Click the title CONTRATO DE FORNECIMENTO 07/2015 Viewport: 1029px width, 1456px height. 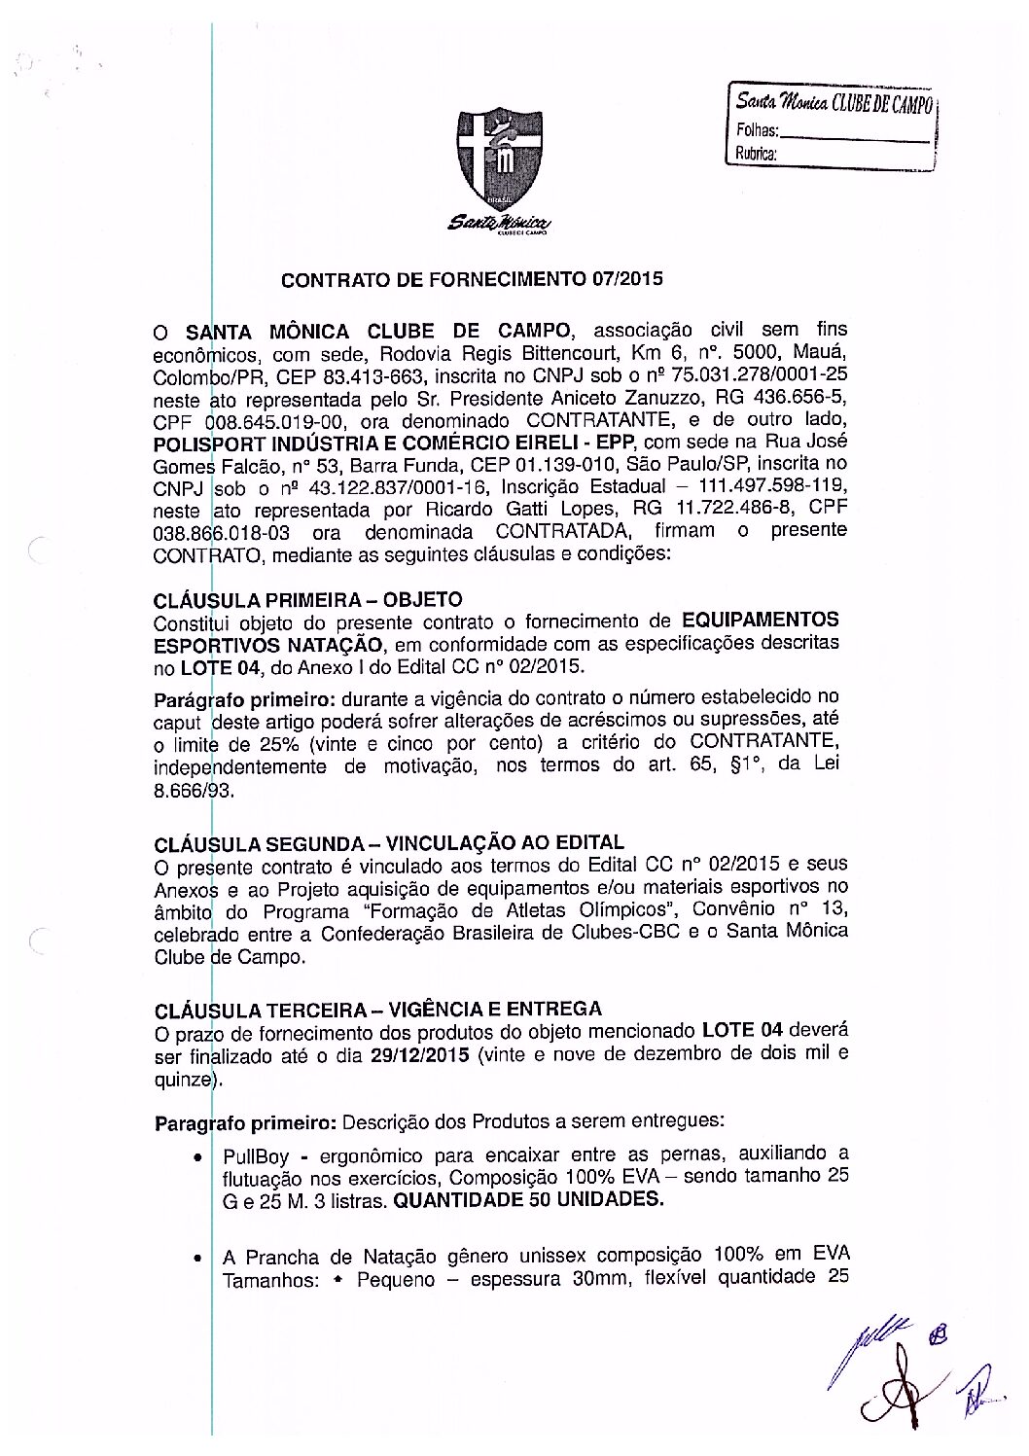471,281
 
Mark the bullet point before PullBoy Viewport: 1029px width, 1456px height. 198,1158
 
